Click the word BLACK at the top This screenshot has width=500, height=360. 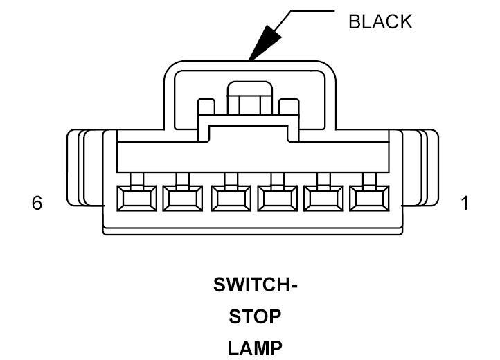(380, 21)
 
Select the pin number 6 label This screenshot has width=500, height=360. (37, 202)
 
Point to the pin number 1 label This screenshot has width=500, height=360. (465, 203)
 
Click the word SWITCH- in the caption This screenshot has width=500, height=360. (255, 285)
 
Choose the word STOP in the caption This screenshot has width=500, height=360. (255, 316)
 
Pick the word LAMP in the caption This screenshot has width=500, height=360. (255, 348)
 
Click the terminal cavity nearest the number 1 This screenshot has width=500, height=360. (369, 198)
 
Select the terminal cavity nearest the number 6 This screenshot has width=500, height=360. (137, 198)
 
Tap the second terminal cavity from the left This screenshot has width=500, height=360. (183, 198)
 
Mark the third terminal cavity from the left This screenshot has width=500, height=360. (231, 198)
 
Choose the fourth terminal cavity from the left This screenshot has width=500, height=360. (278, 198)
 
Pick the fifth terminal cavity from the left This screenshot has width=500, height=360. (323, 198)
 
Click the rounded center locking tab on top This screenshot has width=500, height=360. (250, 98)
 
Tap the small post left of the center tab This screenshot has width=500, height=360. (206, 107)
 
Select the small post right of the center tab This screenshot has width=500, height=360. (289, 107)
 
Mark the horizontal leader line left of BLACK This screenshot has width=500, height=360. (312, 11)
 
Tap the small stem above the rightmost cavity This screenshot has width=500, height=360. (369, 179)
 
